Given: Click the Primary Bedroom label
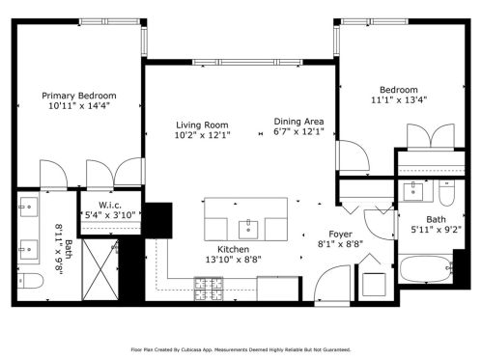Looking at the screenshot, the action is click(x=79, y=96).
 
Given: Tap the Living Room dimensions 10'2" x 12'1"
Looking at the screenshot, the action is click(x=202, y=135).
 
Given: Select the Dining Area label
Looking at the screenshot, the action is click(x=298, y=122).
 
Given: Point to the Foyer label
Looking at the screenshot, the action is click(x=340, y=235).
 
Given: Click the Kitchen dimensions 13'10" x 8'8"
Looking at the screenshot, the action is click(x=234, y=259).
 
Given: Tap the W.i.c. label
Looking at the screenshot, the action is click(x=110, y=205).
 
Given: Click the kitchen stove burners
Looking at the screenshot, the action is click(x=209, y=289).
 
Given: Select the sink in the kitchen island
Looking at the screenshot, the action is click(x=248, y=230).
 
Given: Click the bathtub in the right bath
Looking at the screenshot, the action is click(x=426, y=268).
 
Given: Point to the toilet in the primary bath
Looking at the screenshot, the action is click(x=30, y=281).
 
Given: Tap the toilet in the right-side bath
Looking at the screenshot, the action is click(x=446, y=193).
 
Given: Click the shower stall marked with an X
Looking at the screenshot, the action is click(x=100, y=269).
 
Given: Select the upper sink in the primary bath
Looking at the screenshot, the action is click(x=28, y=207).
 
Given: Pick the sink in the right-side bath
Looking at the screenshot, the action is click(x=412, y=191).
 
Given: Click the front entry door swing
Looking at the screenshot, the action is click(x=332, y=283).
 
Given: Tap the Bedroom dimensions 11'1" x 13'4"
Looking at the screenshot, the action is click(x=399, y=99).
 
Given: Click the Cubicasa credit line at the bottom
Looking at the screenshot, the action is click(x=241, y=349).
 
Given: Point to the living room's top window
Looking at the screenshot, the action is click(x=247, y=62).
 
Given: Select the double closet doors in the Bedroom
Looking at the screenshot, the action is click(x=431, y=136).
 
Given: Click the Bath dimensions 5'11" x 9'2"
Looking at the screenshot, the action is click(x=436, y=230).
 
